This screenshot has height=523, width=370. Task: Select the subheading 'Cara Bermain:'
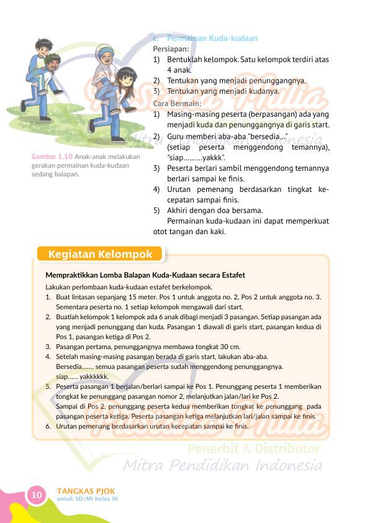pos(177,103)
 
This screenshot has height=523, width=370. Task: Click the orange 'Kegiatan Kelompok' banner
pos(100,254)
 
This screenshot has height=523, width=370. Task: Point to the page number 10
pos(36,494)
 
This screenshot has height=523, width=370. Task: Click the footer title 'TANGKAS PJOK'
pos(86,491)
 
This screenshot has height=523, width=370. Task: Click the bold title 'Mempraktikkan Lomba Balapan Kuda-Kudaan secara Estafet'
pos(145,275)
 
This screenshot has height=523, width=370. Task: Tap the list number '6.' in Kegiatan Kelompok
pos(48,427)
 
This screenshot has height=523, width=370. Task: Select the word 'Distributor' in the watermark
pos(291,448)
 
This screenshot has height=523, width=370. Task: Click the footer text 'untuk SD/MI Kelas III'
pos(87,499)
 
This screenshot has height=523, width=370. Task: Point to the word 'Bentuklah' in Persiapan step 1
pos(186,60)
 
